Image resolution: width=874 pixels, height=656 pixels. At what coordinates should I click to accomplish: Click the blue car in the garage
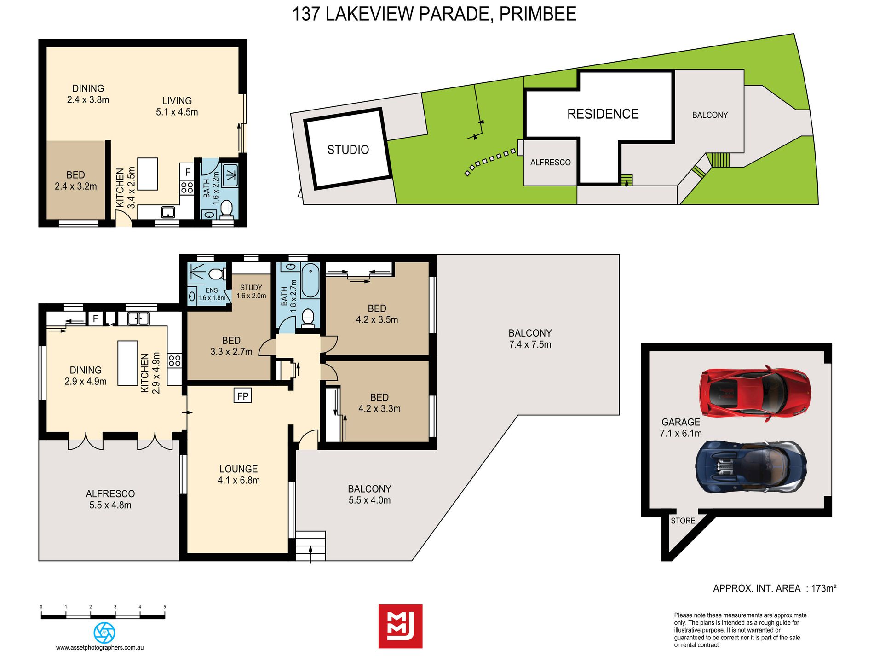coord(751,467)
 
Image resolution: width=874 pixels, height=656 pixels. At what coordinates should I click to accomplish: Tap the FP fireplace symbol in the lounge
coord(242,396)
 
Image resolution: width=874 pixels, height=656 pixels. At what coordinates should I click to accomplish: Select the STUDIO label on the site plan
coord(348,150)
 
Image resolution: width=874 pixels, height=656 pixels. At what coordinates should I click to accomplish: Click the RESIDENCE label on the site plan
coord(603,114)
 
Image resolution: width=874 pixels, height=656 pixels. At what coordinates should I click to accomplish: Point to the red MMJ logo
coord(400,626)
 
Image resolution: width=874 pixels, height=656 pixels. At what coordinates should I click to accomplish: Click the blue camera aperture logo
coord(104,633)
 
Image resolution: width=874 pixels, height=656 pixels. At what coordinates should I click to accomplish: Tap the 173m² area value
coord(823,588)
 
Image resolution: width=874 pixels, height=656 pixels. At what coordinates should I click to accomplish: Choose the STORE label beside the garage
coord(683,521)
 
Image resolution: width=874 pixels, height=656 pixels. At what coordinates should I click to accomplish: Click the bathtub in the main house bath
coord(310,281)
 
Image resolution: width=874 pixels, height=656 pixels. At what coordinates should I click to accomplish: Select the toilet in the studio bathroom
coord(226,209)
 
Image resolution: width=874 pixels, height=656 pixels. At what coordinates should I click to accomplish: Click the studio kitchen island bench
coord(148,174)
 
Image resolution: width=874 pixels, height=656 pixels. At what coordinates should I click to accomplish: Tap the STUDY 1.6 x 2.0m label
coord(251,291)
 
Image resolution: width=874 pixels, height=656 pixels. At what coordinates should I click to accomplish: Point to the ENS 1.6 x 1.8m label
coord(212,294)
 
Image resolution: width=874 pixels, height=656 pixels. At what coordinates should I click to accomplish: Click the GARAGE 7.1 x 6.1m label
coord(681,428)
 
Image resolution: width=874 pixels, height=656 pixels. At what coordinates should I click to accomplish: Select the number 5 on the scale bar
coord(165,607)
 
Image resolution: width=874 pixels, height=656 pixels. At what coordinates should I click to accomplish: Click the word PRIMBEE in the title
coord(538,14)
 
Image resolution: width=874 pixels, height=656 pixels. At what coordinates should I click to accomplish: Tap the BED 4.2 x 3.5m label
coord(377,314)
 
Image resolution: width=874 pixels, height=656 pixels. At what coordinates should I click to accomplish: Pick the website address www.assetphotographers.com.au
coord(100,648)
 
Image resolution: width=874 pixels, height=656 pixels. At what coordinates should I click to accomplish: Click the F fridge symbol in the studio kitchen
coord(187,172)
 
